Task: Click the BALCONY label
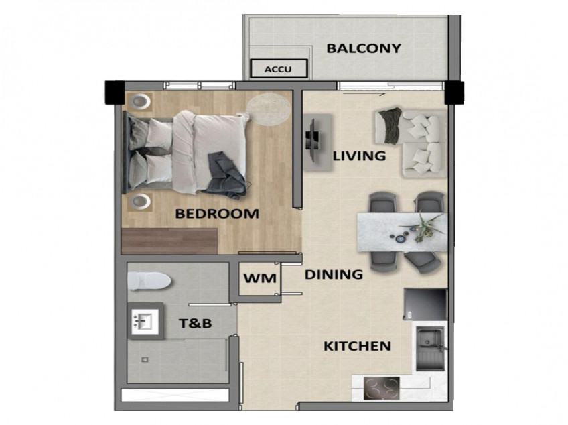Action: click(364, 48)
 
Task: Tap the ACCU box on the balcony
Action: click(279, 68)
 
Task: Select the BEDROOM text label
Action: click(216, 215)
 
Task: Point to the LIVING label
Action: click(360, 156)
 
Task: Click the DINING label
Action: click(334, 274)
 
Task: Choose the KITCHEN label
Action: click(357, 346)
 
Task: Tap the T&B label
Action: click(196, 324)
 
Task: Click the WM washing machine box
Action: click(260, 278)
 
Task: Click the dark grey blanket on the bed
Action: click(226, 176)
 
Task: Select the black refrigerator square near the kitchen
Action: click(425, 305)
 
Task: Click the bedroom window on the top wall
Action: click(200, 85)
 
